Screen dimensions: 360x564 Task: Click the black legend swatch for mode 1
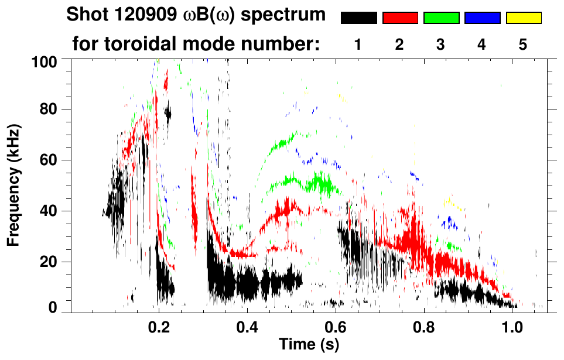pyautogui.click(x=358, y=18)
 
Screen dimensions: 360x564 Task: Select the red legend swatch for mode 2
pyautogui.click(x=400, y=18)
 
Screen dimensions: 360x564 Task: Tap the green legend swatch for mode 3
pyautogui.click(x=441, y=18)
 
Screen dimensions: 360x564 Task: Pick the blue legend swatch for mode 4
pyautogui.click(x=482, y=18)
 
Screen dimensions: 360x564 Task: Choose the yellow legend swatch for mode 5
pyautogui.click(x=523, y=18)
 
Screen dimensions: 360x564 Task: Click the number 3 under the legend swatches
pyautogui.click(x=441, y=46)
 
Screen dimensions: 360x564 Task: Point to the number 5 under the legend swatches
pyautogui.click(x=523, y=46)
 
